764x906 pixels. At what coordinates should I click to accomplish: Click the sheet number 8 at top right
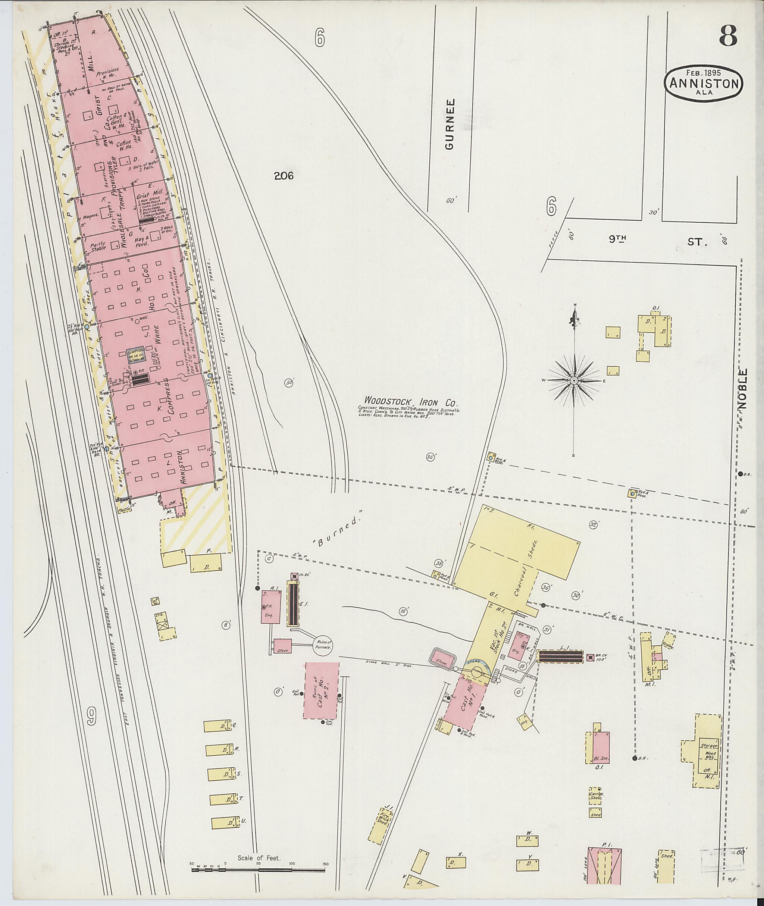pos(728,37)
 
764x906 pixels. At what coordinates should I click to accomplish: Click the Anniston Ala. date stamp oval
pos(704,84)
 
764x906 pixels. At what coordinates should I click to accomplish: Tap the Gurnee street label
pos(450,124)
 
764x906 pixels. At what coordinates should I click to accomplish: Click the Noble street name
pos(743,389)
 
